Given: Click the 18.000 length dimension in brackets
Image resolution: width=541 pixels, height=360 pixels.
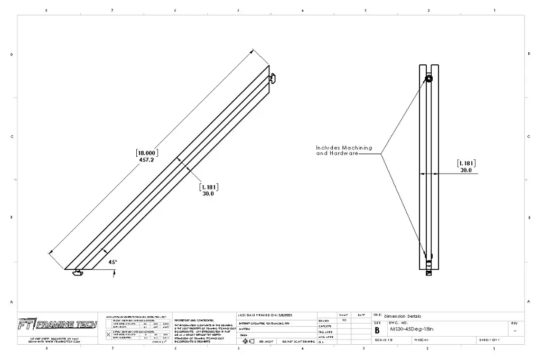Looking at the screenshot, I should pyautogui.click(x=147, y=153).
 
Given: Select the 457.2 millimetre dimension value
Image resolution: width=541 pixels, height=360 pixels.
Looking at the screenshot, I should pyautogui.click(x=147, y=159).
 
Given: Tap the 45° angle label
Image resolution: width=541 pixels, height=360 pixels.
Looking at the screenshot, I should pyautogui.click(x=113, y=262).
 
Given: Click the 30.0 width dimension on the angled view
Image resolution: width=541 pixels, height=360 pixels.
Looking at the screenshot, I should pyautogui.click(x=209, y=193).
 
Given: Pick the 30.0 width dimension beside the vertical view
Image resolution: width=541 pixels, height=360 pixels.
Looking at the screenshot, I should pyautogui.click(x=466, y=170).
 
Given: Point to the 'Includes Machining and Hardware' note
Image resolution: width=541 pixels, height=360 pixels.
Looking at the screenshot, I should pyautogui.click(x=344, y=150).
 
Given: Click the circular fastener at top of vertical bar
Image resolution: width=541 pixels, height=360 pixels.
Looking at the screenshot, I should pyautogui.click(x=428, y=79).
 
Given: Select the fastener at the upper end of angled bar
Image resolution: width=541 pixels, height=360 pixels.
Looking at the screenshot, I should pyautogui.click(x=272, y=79).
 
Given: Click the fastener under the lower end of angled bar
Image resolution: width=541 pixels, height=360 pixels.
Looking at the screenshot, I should pyautogui.click(x=79, y=272).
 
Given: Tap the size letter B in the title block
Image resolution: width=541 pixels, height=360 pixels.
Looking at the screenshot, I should pyautogui.click(x=377, y=330).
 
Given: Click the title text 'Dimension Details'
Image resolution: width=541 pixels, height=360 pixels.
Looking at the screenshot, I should pyautogui.click(x=403, y=316).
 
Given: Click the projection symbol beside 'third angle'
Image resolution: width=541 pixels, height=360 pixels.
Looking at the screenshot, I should pyautogui.click(x=248, y=341).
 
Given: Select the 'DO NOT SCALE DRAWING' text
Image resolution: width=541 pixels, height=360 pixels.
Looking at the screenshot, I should pyautogui.click(x=299, y=342).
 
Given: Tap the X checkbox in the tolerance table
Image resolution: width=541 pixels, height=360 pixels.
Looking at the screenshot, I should pyautogui.click(x=109, y=334).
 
